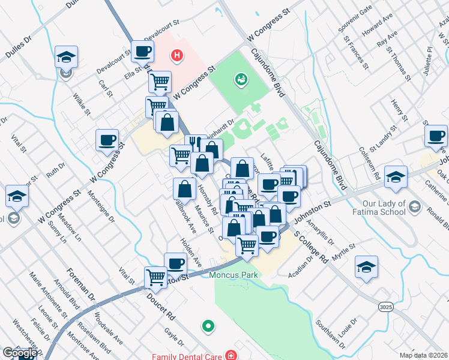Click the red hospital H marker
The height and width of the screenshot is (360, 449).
tap(176, 56)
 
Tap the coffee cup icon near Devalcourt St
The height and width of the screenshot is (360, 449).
tap(142, 52)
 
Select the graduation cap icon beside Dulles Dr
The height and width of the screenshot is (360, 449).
tap(65, 58)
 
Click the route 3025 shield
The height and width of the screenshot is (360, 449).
tap(386, 307)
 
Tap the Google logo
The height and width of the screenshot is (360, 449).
tap(19, 353)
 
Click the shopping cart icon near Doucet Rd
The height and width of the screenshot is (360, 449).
tap(155, 278)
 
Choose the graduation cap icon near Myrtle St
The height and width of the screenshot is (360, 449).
tap(366, 267)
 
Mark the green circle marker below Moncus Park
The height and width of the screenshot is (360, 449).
tap(208, 326)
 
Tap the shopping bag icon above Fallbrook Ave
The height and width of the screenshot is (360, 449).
tap(184, 189)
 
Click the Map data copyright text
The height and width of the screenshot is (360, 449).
tap(423, 355)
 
